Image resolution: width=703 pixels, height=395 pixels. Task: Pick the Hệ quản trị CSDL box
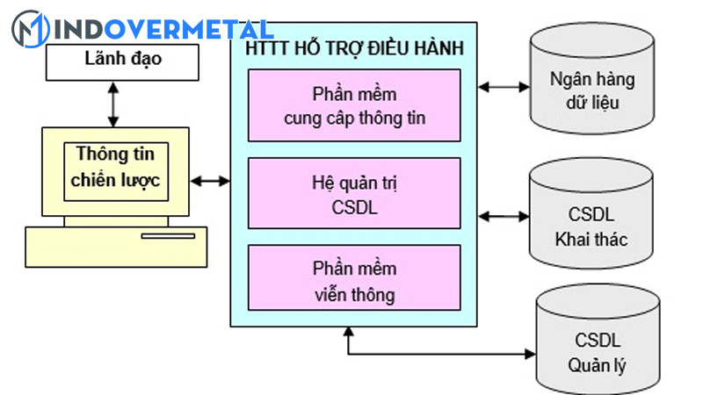pyautogui.click(x=355, y=192)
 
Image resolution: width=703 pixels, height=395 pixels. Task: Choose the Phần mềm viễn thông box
pyautogui.click(x=355, y=280)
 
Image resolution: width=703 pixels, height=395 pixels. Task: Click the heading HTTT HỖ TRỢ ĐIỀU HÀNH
pyautogui.click(x=354, y=47)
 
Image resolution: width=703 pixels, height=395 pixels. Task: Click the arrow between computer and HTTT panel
pyautogui.click(x=210, y=181)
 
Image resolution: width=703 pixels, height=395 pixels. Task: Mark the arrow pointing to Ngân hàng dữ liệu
pyautogui.click(x=504, y=87)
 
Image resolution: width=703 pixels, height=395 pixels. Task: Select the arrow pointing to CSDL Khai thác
pyautogui.click(x=504, y=215)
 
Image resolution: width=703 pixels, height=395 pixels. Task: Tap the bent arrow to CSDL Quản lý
pyautogui.click(x=439, y=354)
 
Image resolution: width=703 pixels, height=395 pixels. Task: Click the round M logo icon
pyautogui.click(x=29, y=28)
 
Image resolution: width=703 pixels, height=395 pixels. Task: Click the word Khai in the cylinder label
pyautogui.click(x=572, y=239)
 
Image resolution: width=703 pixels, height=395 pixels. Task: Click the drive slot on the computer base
pyautogui.click(x=168, y=235)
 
